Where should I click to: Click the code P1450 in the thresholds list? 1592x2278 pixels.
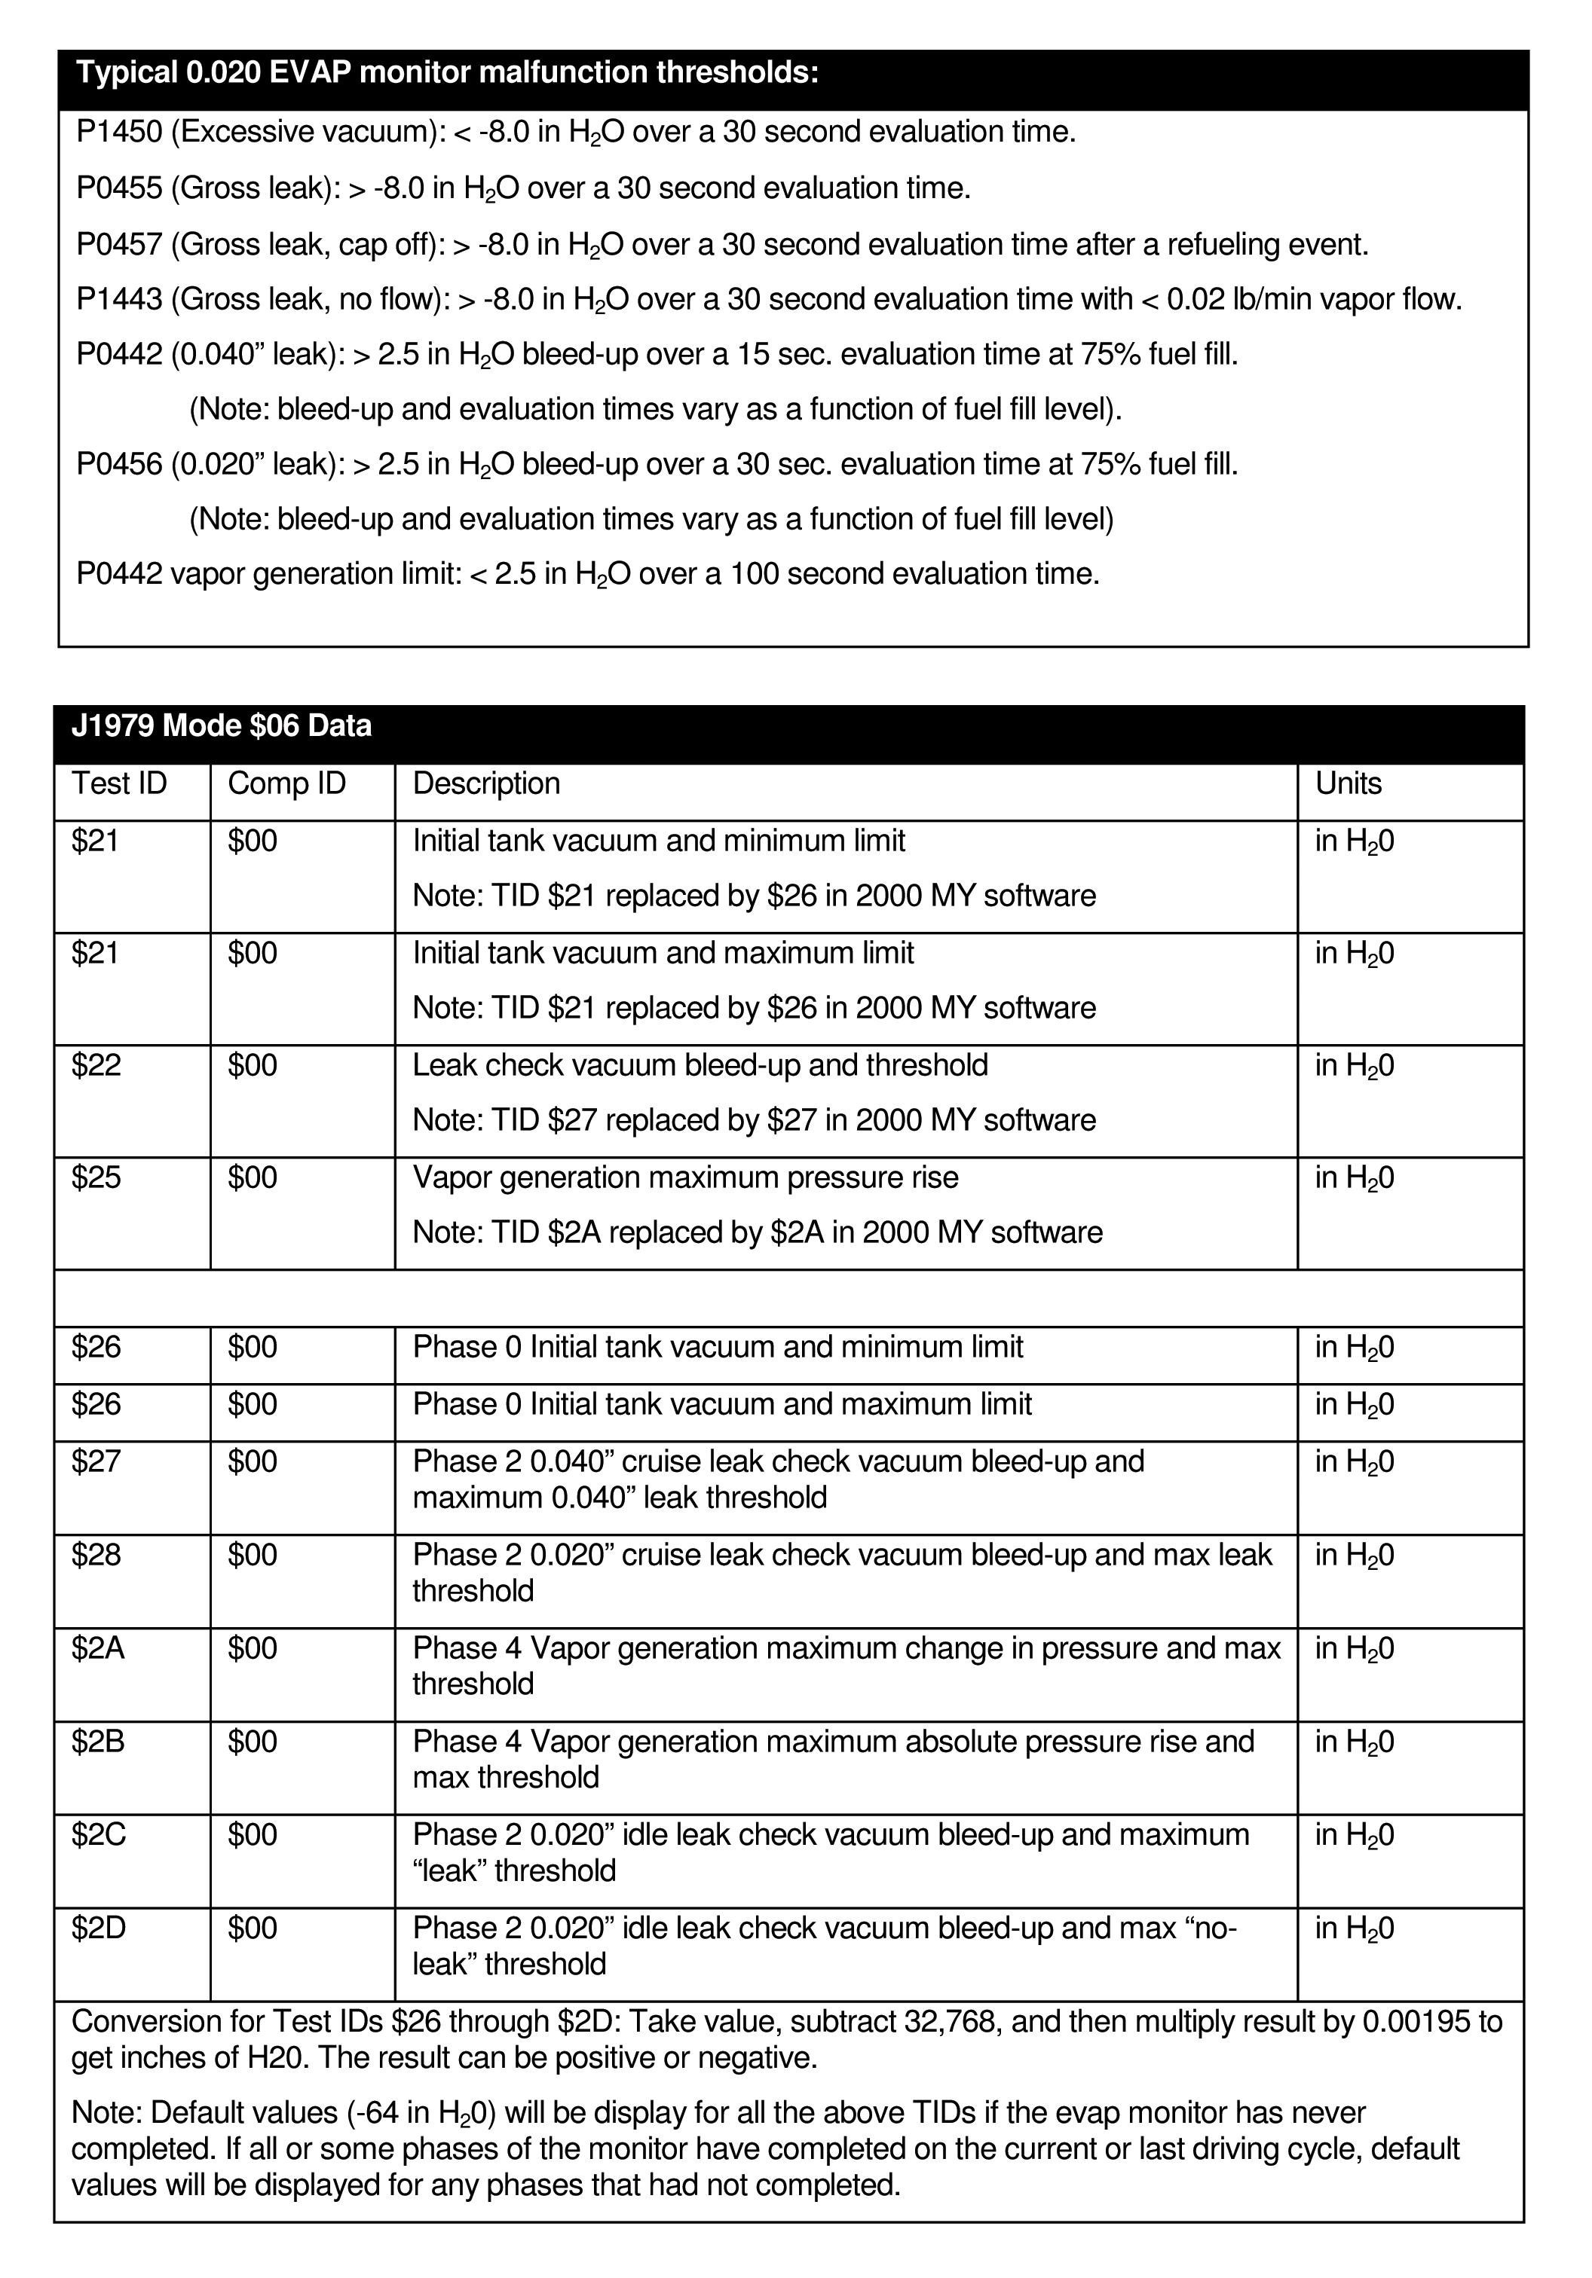pos(118,133)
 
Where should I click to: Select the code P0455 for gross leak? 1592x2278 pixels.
pos(118,188)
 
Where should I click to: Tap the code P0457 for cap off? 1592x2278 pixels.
pos(118,245)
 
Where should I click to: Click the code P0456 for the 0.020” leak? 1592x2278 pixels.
pos(118,464)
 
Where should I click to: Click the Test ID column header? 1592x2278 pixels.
pos(119,783)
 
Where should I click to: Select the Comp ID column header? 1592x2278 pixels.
pos(287,783)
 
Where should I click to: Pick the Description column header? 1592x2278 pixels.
pos(486,783)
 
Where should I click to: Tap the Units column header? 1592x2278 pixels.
pos(1348,783)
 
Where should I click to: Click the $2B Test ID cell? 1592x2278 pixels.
pos(98,1741)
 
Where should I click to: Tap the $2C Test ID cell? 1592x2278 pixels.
pos(98,1834)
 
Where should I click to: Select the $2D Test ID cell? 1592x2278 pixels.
pos(98,1928)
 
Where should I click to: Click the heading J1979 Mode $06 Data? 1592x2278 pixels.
pos(222,726)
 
